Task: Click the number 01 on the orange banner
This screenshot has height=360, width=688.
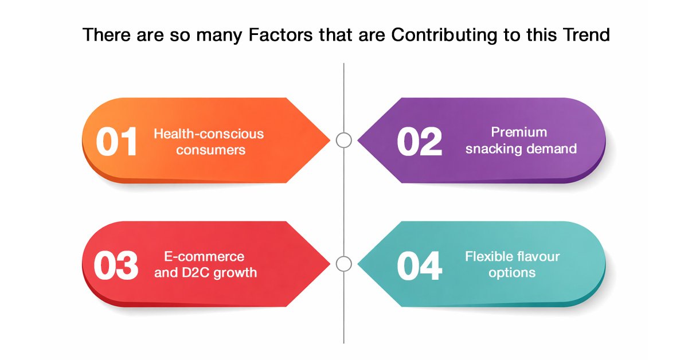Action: (x=116, y=141)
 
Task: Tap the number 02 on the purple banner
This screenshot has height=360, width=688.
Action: (x=419, y=141)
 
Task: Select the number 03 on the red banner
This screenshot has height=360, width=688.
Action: (x=116, y=265)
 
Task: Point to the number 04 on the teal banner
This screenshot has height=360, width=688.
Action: (x=419, y=265)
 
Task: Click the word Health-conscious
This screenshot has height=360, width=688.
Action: (x=209, y=134)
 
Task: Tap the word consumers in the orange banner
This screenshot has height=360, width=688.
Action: (x=211, y=150)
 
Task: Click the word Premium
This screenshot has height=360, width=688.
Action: (x=519, y=132)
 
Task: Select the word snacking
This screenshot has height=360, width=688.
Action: (x=493, y=148)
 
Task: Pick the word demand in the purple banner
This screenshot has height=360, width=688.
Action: (x=551, y=148)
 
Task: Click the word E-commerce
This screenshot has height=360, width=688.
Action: (x=204, y=256)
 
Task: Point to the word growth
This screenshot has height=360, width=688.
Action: (x=235, y=273)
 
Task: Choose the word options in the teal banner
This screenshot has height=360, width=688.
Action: (x=512, y=273)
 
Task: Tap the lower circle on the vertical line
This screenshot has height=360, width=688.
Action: (x=343, y=256)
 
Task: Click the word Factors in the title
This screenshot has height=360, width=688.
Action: (x=281, y=34)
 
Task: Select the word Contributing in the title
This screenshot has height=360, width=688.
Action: (x=444, y=35)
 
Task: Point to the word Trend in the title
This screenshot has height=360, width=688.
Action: (x=587, y=34)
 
